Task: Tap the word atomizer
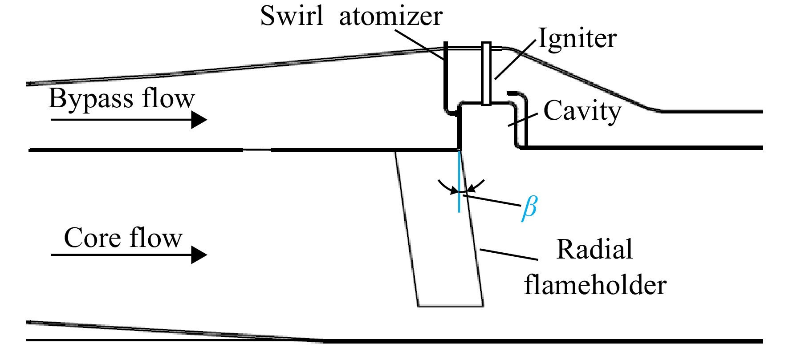coord(390,16)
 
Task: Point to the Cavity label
coord(582,111)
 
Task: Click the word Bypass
coord(91,99)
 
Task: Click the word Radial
coord(594,249)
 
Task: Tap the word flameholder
coord(595,285)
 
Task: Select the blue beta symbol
coord(529,208)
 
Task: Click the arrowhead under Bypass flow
coord(199,120)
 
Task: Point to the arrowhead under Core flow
coord(199,255)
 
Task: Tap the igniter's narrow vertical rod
coord(486,73)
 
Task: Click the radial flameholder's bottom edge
coord(451,306)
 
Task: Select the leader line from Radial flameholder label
coord(508,254)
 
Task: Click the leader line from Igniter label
coord(515,59)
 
